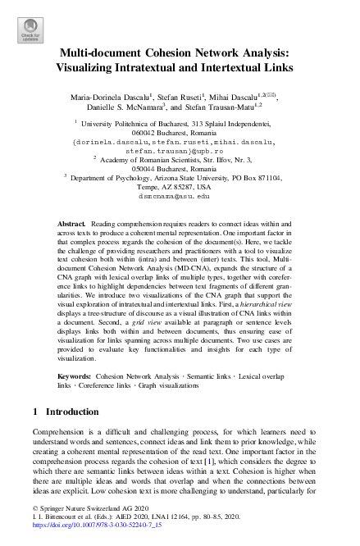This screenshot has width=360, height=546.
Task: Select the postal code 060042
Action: point(144,131)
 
